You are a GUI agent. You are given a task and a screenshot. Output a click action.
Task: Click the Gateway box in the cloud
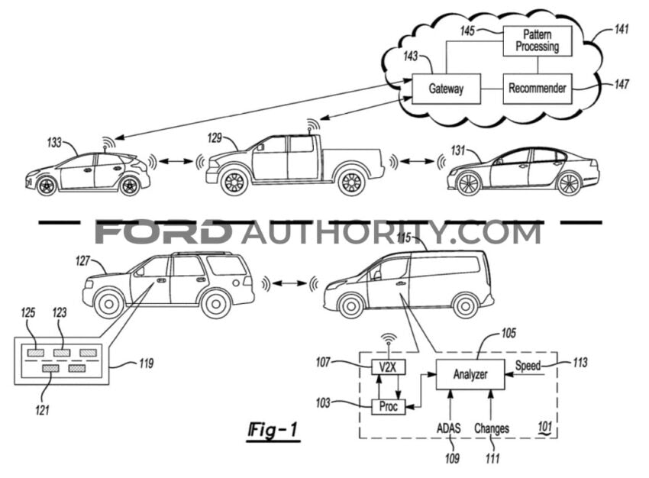446,89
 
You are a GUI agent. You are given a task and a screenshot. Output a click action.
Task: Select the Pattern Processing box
538,40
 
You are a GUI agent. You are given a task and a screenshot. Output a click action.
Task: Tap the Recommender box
538,89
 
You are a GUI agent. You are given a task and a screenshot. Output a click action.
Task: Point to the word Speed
528,366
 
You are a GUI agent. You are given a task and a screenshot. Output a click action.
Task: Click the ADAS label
450,428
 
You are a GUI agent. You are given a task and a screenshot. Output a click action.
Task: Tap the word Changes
492,428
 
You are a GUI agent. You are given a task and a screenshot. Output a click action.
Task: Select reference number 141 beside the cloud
622,30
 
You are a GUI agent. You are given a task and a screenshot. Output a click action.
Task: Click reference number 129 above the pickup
217,137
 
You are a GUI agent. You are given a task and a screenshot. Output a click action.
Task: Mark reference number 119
143,364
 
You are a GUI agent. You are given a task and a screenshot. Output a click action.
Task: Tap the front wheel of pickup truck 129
233,182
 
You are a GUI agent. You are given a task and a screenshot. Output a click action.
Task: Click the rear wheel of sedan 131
569,183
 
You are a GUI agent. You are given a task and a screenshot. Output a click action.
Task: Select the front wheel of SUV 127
109,304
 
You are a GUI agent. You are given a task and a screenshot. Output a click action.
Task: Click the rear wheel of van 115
464,305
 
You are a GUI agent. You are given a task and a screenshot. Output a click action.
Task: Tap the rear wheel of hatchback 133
130,185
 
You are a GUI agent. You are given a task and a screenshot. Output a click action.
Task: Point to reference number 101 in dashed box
545,425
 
